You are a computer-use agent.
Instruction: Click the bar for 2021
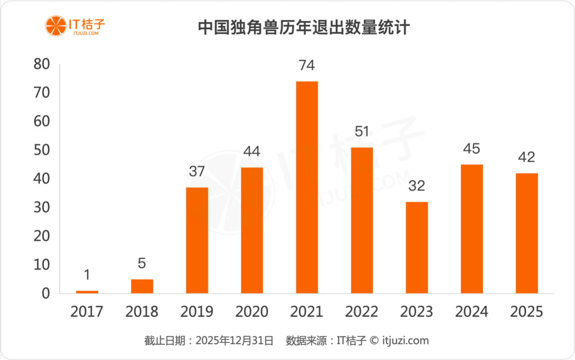click(307, 187)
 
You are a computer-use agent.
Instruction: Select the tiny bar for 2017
click(87, 292)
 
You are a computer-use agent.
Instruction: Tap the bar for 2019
click(197, 240)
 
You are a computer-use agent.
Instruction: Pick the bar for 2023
click(417, 248)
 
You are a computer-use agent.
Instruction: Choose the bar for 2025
click(527, 233)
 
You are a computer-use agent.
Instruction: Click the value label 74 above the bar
click(307, 66)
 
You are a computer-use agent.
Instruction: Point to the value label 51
click(362, 132)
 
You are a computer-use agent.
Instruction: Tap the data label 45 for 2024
click(472, 149)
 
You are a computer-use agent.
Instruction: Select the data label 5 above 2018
click(142, 263)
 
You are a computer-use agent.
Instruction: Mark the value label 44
click(252, 151)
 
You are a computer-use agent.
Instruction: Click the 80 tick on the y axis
click(41, 65)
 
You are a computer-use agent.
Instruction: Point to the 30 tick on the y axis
click(41, 208)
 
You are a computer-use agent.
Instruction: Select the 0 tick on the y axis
click(46, 293)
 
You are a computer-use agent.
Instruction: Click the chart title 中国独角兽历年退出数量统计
click(304, 28)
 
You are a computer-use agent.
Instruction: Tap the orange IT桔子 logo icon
click(55, 26)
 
